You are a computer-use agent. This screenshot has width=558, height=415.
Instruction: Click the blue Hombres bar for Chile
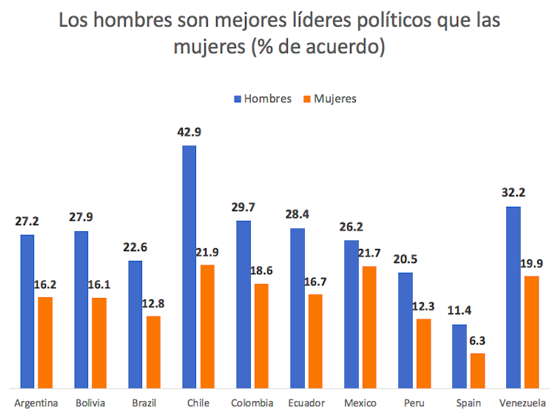189,267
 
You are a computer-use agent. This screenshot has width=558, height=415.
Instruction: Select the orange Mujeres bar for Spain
478,370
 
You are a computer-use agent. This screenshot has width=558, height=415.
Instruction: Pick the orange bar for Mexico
370,327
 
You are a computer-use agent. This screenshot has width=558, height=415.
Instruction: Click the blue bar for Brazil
135,324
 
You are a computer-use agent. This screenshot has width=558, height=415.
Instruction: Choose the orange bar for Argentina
46,342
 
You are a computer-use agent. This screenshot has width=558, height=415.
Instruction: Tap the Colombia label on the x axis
252,403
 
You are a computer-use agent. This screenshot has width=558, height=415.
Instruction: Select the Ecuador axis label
306,403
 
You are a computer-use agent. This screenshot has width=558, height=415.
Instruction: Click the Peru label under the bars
414,403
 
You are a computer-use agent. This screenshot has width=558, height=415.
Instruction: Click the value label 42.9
189,133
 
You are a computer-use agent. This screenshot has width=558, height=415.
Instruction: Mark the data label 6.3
478,341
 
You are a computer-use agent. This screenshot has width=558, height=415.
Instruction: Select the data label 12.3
424,306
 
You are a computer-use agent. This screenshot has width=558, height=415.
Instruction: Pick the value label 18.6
261,271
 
